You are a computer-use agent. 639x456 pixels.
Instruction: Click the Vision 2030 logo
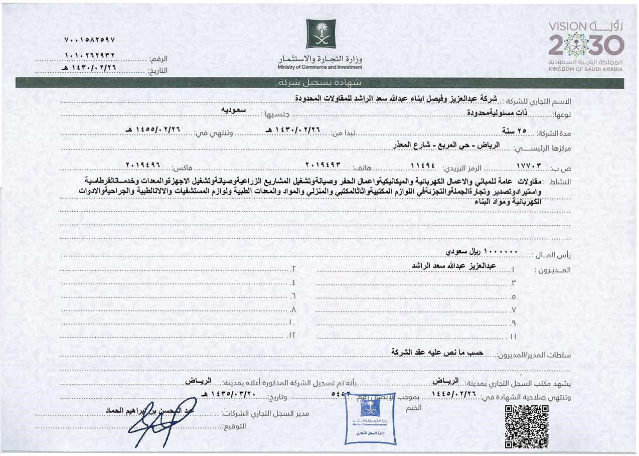tap(585, 45)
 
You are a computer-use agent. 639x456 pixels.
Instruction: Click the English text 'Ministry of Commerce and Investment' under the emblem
tap(321, 67)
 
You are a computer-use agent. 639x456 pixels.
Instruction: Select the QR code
tap(526, 426)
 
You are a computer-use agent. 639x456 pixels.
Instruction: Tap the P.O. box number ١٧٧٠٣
tap(530, 165)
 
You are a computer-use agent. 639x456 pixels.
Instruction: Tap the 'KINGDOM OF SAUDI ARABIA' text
tap(585, 70)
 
